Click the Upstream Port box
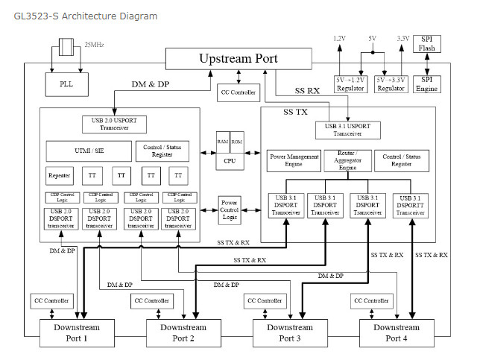(x=239, y=58)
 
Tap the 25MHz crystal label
(x=94, y=45)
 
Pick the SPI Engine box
(x=426, y=83)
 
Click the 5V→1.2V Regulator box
(x=350, y=83)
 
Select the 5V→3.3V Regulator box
(x=391, y=83)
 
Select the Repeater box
(x=59, y=175)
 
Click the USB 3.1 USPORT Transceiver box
(x=349, y=130)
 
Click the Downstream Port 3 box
(x=291, y=332)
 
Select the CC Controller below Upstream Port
(x=239, y=93)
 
